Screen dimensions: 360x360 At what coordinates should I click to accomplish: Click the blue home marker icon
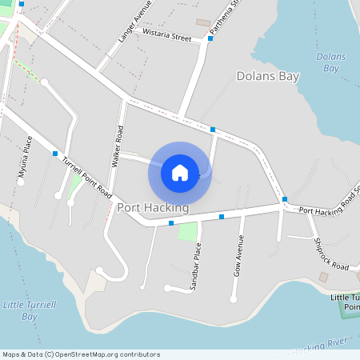click(180, 172)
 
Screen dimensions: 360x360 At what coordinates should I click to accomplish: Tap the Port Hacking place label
click(153, 208)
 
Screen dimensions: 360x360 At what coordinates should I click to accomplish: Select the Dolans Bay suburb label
click(268, 76)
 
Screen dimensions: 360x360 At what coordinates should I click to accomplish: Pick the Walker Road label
click(118, 146)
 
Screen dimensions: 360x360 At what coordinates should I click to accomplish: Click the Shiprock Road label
click(330, 253)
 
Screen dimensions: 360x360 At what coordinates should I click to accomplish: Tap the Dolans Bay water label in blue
click(330, 62)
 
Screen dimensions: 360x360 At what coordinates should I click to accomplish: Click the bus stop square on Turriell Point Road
click(55, 153)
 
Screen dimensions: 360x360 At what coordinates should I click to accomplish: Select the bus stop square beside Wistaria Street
click(210, 38)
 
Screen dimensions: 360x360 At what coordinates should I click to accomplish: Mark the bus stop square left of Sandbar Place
click(171, 223)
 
